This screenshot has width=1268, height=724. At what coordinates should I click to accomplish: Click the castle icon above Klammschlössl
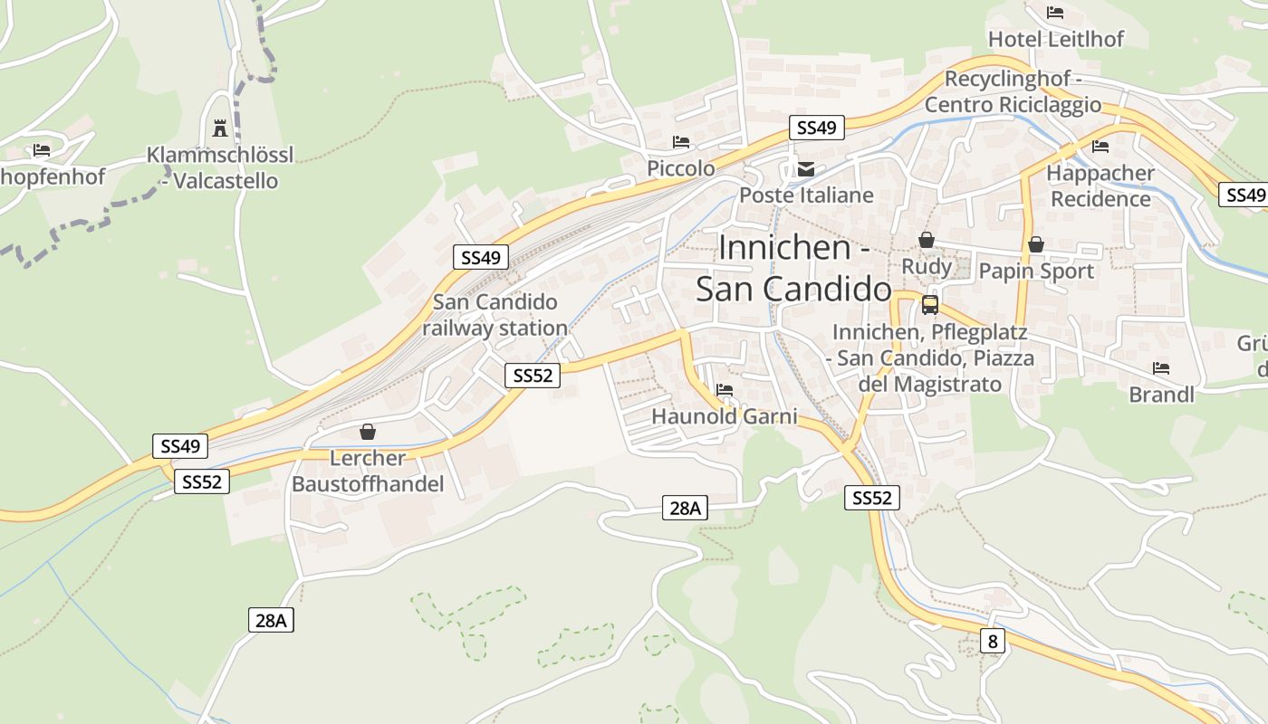coord(219,128)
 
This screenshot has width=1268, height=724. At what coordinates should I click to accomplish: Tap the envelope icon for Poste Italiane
coord(805,168)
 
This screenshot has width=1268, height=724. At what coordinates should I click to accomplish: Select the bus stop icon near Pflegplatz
coord(930,304)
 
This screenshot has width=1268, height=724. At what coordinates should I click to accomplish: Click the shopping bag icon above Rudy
coord(927,240)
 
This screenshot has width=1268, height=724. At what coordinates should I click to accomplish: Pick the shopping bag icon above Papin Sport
coord(1036,244)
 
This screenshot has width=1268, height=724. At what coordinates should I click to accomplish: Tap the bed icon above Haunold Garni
coord(725,390)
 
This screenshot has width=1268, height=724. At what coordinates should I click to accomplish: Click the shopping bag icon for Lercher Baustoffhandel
coord(368,432)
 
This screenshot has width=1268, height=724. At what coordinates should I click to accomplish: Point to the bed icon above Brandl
coord(1161,368)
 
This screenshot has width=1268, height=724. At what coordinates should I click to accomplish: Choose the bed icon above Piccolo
coord(681,142)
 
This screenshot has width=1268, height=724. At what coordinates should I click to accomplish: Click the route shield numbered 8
coord(993,642)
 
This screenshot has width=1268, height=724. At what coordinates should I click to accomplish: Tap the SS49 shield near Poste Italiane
coord(816,128)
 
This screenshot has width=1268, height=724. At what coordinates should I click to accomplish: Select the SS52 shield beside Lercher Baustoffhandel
coord(201,481)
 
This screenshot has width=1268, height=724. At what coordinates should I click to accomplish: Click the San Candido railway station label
coord(495,315)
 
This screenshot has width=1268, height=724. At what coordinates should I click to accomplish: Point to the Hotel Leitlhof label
coord(1055,39)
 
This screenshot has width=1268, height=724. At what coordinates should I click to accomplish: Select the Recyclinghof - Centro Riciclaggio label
coord(1013,91)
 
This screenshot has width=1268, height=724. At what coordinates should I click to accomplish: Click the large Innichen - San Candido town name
coord(793,268)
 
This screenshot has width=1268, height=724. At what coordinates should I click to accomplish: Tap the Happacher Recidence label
coord(1100,186)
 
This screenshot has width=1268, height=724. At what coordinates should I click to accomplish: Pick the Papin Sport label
coord(1036,271)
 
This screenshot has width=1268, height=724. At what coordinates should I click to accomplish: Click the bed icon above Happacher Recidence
coord(1100,147)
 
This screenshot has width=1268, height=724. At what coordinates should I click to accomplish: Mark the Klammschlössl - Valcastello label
coord(220,167)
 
